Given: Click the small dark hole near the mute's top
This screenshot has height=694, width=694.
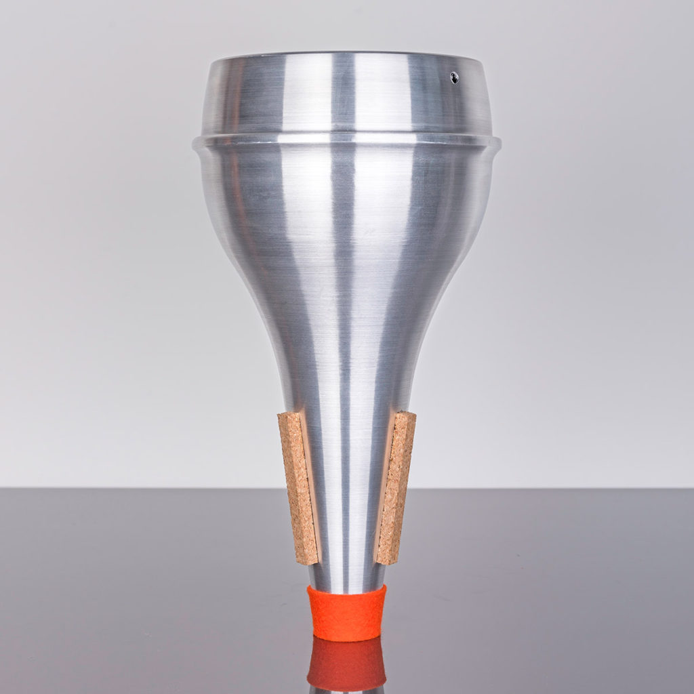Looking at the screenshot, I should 454,77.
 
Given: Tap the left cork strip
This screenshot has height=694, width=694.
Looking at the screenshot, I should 298,488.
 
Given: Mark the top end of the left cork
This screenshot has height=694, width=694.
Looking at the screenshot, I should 289,415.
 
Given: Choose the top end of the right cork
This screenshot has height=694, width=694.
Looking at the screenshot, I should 405,414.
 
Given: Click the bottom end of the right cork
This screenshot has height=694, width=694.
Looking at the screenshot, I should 386,560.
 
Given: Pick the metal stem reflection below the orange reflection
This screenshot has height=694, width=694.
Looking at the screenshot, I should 347,689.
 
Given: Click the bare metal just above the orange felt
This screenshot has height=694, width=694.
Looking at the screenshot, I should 347,576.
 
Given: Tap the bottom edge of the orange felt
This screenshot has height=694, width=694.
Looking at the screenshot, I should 346,638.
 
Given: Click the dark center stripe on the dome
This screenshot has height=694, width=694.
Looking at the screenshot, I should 343,95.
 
